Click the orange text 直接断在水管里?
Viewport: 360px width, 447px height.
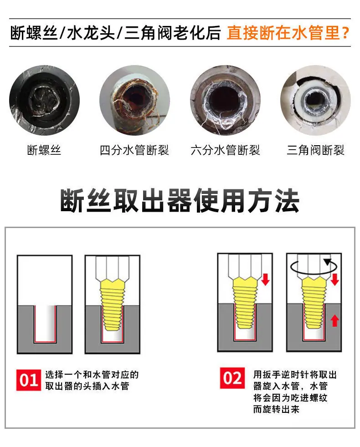288,32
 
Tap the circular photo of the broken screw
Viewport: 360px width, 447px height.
45,100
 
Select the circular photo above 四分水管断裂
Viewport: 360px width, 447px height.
134,100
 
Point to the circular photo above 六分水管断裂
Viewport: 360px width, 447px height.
225,100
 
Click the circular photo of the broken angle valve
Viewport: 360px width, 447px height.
315,100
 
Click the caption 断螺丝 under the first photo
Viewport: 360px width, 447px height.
44,150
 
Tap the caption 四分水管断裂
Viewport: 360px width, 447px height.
134,150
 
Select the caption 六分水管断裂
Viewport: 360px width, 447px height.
225,150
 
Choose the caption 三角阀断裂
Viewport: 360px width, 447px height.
315,150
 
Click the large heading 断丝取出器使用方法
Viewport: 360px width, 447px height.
180,200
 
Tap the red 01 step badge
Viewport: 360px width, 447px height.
29,380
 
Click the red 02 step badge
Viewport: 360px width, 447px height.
232,378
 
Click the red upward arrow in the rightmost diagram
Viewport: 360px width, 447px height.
334,320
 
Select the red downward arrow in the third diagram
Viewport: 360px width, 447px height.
266,279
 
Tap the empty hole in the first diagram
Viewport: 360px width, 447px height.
45,324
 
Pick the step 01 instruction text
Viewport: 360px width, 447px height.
92,380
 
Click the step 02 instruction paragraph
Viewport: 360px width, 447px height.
295,392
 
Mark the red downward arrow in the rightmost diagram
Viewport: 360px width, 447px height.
334,279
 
